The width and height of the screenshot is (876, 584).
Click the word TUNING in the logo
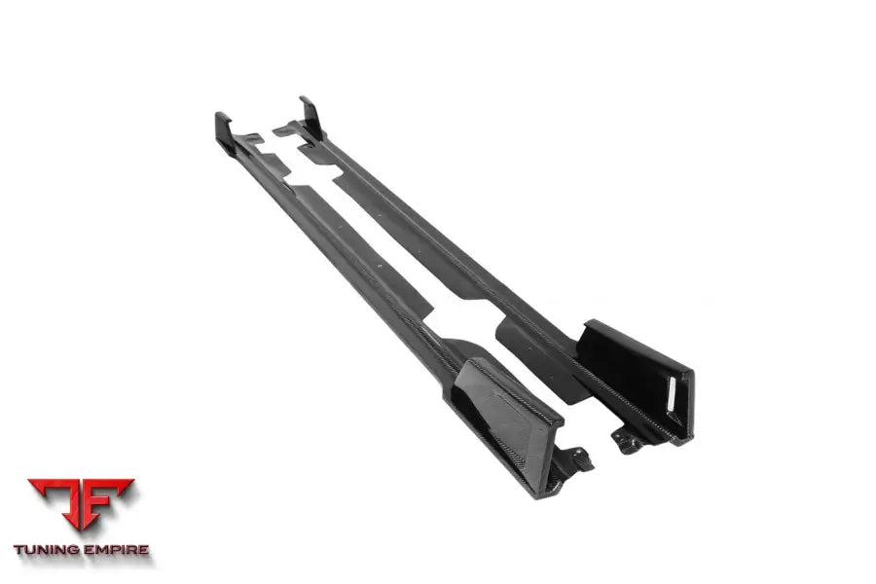click(x=50, y=550)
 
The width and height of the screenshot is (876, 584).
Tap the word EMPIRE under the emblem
click(x=116, y=550)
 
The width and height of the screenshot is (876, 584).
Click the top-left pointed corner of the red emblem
click(x=28, y=480)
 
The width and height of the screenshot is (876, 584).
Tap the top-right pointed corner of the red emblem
click(x=133, y=480)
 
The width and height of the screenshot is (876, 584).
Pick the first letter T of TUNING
click(x=18, y=550)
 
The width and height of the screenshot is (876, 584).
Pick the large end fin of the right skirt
click(x=638, y=375)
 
